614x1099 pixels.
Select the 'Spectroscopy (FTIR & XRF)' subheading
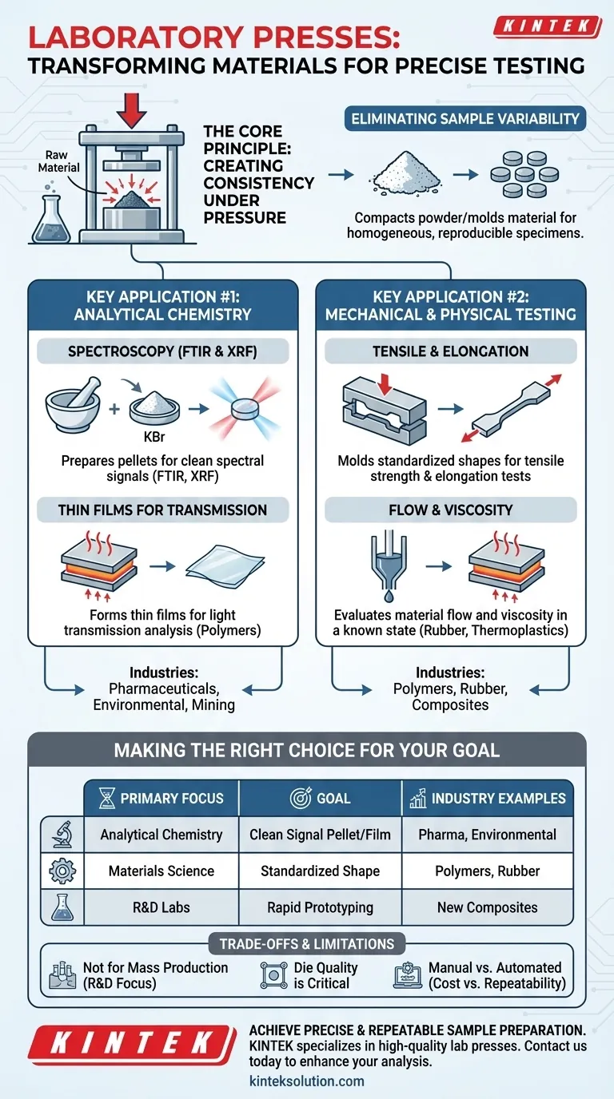(x=163, y=351)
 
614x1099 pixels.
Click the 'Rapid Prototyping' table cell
(x=320, y=907)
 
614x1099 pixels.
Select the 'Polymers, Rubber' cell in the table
(x=488, y=871)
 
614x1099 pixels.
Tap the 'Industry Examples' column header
(x=488, y=798)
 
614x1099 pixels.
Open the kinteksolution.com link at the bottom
(x=307, y=1081)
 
